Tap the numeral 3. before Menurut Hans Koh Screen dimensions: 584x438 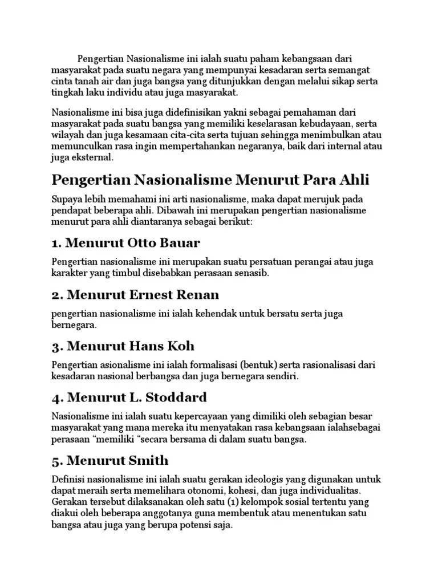point(56,346)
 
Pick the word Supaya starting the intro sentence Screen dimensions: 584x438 point(67,199)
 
